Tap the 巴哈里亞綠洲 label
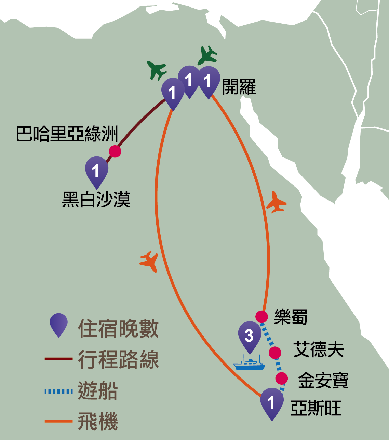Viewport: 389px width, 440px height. coord(67,134)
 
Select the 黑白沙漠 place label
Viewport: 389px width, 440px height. coord(96,200)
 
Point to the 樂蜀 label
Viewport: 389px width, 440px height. coord(291,317)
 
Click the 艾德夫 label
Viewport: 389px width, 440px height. coord(318,349)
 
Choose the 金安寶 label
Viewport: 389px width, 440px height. coord(323,380)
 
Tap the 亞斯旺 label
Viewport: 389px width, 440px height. coord(316,408)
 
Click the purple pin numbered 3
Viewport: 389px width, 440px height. coord(250,335)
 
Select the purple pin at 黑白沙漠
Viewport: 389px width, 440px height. coord(96,170)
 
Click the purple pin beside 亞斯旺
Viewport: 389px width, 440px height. coord(272,402)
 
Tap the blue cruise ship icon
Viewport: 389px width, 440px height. coord(249,363)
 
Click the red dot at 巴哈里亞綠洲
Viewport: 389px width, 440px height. coord(115,151)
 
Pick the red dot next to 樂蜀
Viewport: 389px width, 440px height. coord(261,317)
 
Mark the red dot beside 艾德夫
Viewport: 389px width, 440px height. coord(275,353)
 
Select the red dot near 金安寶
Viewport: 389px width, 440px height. coord(281,379)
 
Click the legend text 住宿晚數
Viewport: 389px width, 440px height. coord(118,329)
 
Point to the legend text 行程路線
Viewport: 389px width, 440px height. coord(118,359)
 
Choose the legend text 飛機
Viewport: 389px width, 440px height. coord(98,422)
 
